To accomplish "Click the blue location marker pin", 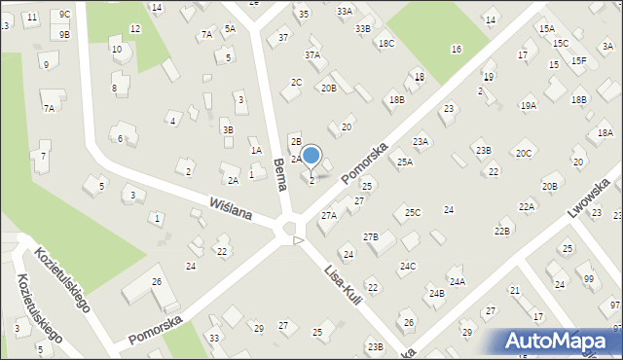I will click(x=311, y=157).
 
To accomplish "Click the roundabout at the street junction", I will click(x=289, y=230).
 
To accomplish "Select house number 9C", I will click(x=64, y=15).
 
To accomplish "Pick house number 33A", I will click(x=345, y=11).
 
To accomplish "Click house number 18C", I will click(x=386, y=44).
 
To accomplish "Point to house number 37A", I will click(x=311, y=55).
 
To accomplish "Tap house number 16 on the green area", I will click(x=456, y=49).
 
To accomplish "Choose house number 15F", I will click(x=579, y=60).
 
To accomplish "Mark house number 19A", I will click(x=529, y=105).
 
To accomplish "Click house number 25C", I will click(x=413, y=212).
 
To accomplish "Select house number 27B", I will click(x=370, y=236).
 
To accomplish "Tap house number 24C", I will click(x=407, y=266).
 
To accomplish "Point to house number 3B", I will click(x=228, y=129).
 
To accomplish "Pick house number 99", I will click(x=588, y=279).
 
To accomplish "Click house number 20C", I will click(x=524, y=153).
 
